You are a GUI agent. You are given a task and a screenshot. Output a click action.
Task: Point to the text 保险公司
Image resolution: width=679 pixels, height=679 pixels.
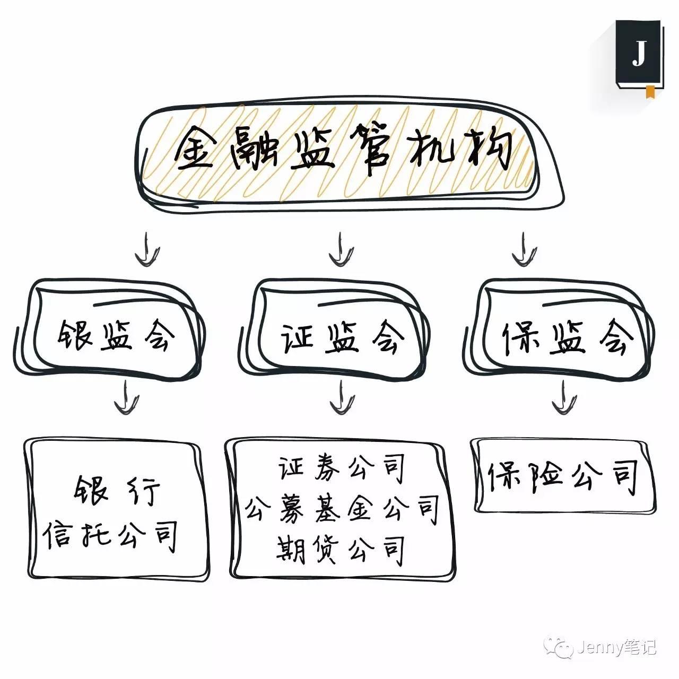click(563, 475)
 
